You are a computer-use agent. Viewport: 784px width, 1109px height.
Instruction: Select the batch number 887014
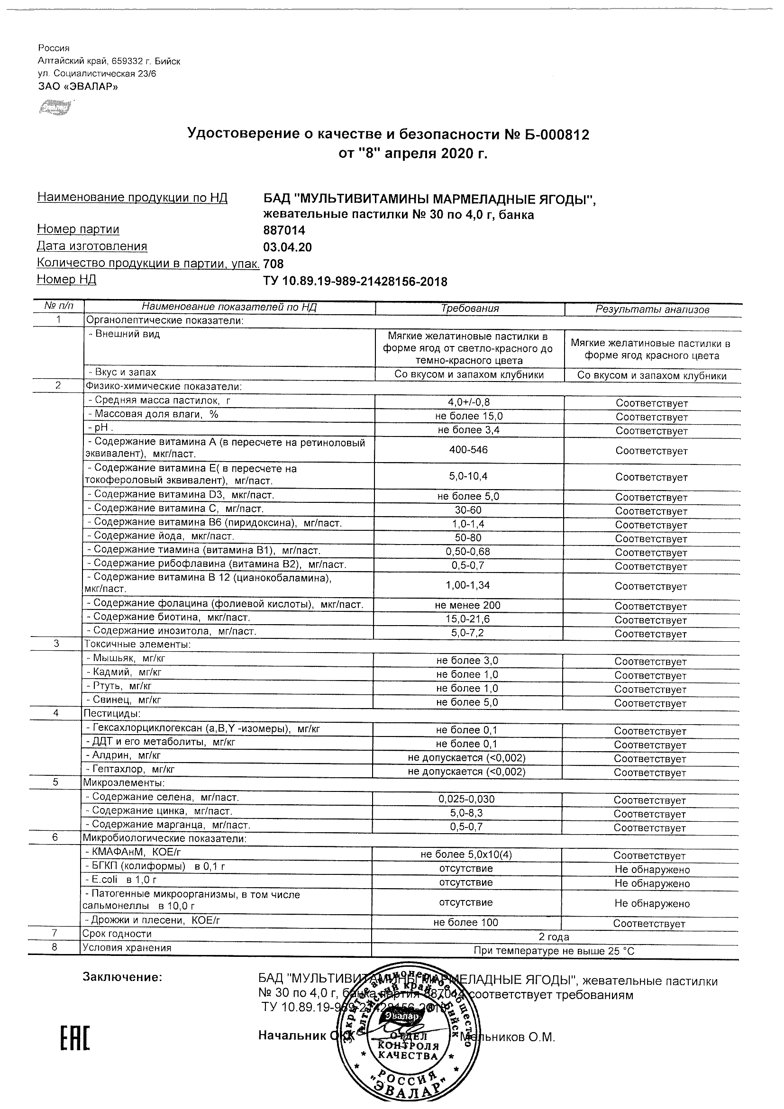coord(284,231)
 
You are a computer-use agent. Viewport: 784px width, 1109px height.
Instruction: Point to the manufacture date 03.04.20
coord(287,248)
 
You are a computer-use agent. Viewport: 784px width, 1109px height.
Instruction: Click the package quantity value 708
coord(273,264)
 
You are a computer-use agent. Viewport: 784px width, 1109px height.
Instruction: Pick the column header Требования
coord(470,309)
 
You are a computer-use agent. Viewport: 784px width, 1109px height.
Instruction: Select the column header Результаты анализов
coord(652,309)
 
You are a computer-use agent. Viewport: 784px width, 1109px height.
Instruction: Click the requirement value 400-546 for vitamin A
coord(469,450)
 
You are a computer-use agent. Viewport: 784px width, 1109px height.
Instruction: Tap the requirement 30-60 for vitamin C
coord(468,510)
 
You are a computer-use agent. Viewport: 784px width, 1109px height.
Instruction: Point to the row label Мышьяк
coord(126,658)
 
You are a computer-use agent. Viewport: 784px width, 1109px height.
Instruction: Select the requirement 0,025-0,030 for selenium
coord(466,799)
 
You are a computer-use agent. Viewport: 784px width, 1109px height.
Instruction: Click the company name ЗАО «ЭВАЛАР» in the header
coord(78,86)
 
